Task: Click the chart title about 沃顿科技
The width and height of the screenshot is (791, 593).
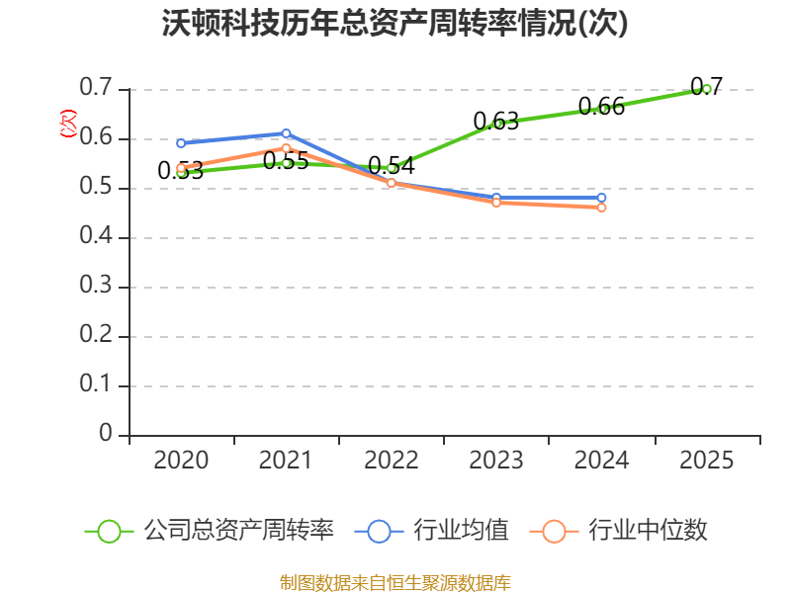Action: (x=395, y=24)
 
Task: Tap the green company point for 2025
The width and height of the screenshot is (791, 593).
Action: (x=707, y=89)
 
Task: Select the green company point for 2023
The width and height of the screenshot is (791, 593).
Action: (x=497, y=124)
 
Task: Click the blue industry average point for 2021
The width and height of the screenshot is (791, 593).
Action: (x=287, y=133)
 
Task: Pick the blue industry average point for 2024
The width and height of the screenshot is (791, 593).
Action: (x=601, y=198)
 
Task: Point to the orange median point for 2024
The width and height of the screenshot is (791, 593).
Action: (x=601, y=208)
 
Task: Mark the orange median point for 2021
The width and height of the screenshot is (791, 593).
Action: (x=287, y=148)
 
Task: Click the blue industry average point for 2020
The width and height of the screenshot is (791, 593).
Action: (x=181, y=143)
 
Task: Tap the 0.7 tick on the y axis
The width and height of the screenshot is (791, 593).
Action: (x=97, y=89)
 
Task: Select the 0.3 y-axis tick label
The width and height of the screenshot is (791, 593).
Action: (x=97, y=287)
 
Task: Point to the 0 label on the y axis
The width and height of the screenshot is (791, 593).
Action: (x=107, y=435)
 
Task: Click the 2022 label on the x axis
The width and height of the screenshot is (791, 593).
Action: (x=392, y=461)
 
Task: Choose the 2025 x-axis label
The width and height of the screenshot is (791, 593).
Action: (x=707, y=461)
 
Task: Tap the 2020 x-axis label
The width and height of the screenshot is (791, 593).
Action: (x=181, y=461)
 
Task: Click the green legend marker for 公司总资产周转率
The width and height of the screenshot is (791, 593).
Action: (x=109, y=531)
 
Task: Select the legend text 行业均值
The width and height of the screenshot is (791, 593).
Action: (x=461, y=531)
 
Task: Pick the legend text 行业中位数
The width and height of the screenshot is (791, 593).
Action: (x=648, y=531)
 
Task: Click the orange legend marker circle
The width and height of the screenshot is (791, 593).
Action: (x=554, y=531)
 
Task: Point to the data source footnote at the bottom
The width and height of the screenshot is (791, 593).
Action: (x=395, y=582)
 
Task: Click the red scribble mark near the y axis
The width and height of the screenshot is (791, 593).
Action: (x=67, y=124)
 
